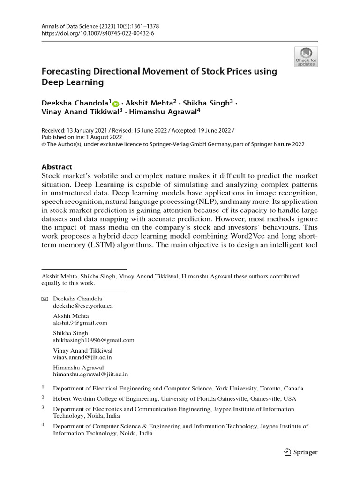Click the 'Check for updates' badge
(306, 57)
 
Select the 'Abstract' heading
(57, 167)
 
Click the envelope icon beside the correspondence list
(45, 299)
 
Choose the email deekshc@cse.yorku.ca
(82, 306)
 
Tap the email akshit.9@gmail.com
(80, 323)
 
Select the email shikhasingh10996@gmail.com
(94, 340)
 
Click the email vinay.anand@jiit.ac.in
(82, 357)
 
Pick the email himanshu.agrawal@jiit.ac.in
(90, 375)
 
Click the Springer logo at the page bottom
(301, 452)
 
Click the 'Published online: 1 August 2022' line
(82, 137)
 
